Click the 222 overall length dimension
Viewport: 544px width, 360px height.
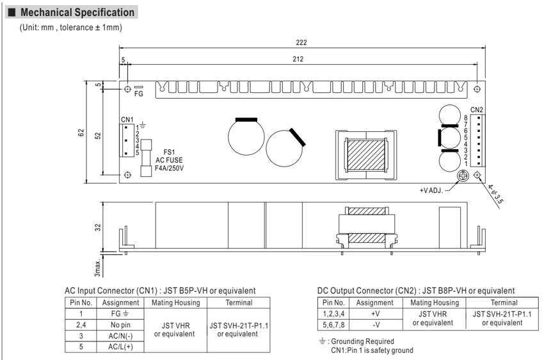[301, 42]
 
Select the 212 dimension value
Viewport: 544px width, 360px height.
[298, 59]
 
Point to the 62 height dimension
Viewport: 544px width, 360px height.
[81, 133]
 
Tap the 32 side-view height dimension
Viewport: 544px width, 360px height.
[98, 227]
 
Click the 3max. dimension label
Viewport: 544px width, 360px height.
[98, 267]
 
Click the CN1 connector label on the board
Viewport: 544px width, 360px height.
[127, 119]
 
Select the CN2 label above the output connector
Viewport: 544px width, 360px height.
[477, 110]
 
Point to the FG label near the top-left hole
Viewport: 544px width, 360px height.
[139, 94]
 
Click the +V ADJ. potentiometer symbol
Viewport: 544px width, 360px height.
[463, 176]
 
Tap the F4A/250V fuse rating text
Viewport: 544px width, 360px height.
[170, 168]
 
